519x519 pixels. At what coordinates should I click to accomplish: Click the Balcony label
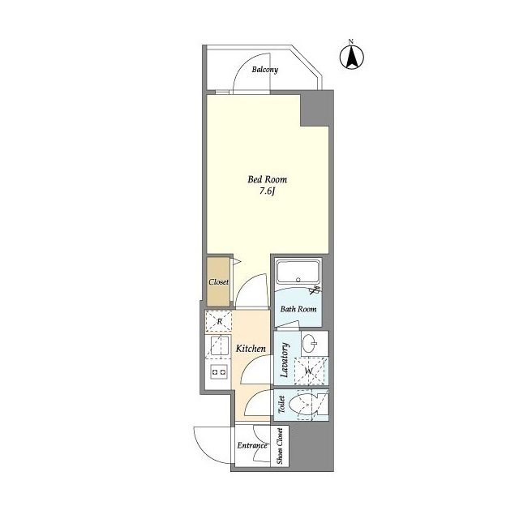[x=265, y=70]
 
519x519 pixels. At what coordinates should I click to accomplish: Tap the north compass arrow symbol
[x=351, y=58]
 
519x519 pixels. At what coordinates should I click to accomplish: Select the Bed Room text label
[x=267, y=179]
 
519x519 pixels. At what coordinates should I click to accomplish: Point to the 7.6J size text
[x=268, y=191]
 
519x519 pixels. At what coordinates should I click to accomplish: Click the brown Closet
[x=218, y=281]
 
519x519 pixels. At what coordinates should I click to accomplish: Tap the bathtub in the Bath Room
[x=298, y=272]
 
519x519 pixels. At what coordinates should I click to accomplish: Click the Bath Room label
[x=298, y=309]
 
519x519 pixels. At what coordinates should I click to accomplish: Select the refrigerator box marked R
[x=218, y=321]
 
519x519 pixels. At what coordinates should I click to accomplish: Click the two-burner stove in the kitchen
[x=220, y=371]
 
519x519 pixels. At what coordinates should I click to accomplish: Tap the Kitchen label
[x=251, y=349]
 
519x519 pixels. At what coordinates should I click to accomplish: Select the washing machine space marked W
[x=309, y=371]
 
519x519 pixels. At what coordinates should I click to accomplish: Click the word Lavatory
[x=285, y=360]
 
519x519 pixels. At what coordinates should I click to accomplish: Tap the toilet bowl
[x=301, y=405]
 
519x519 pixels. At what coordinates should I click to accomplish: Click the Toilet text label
[x=281, y=405]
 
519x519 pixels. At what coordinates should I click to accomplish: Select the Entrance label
[x=252, y=445]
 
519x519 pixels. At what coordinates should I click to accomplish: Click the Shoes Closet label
[x=280, y=446]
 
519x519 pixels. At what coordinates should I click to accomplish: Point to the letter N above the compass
[x=351, y=41]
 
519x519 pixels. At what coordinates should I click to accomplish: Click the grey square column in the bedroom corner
[x=317, y=108]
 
